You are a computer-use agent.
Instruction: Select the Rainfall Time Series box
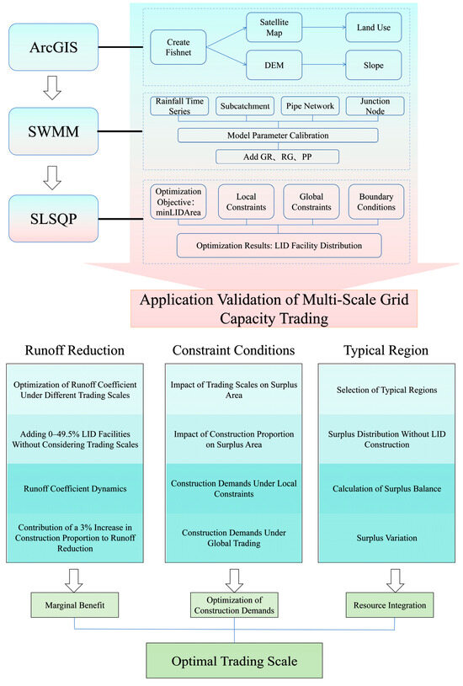point(181,107)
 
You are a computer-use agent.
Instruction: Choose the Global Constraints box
point(311,202)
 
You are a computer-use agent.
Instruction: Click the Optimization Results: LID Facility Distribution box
point(277,245)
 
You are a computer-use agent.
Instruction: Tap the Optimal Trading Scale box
point(235,661)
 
